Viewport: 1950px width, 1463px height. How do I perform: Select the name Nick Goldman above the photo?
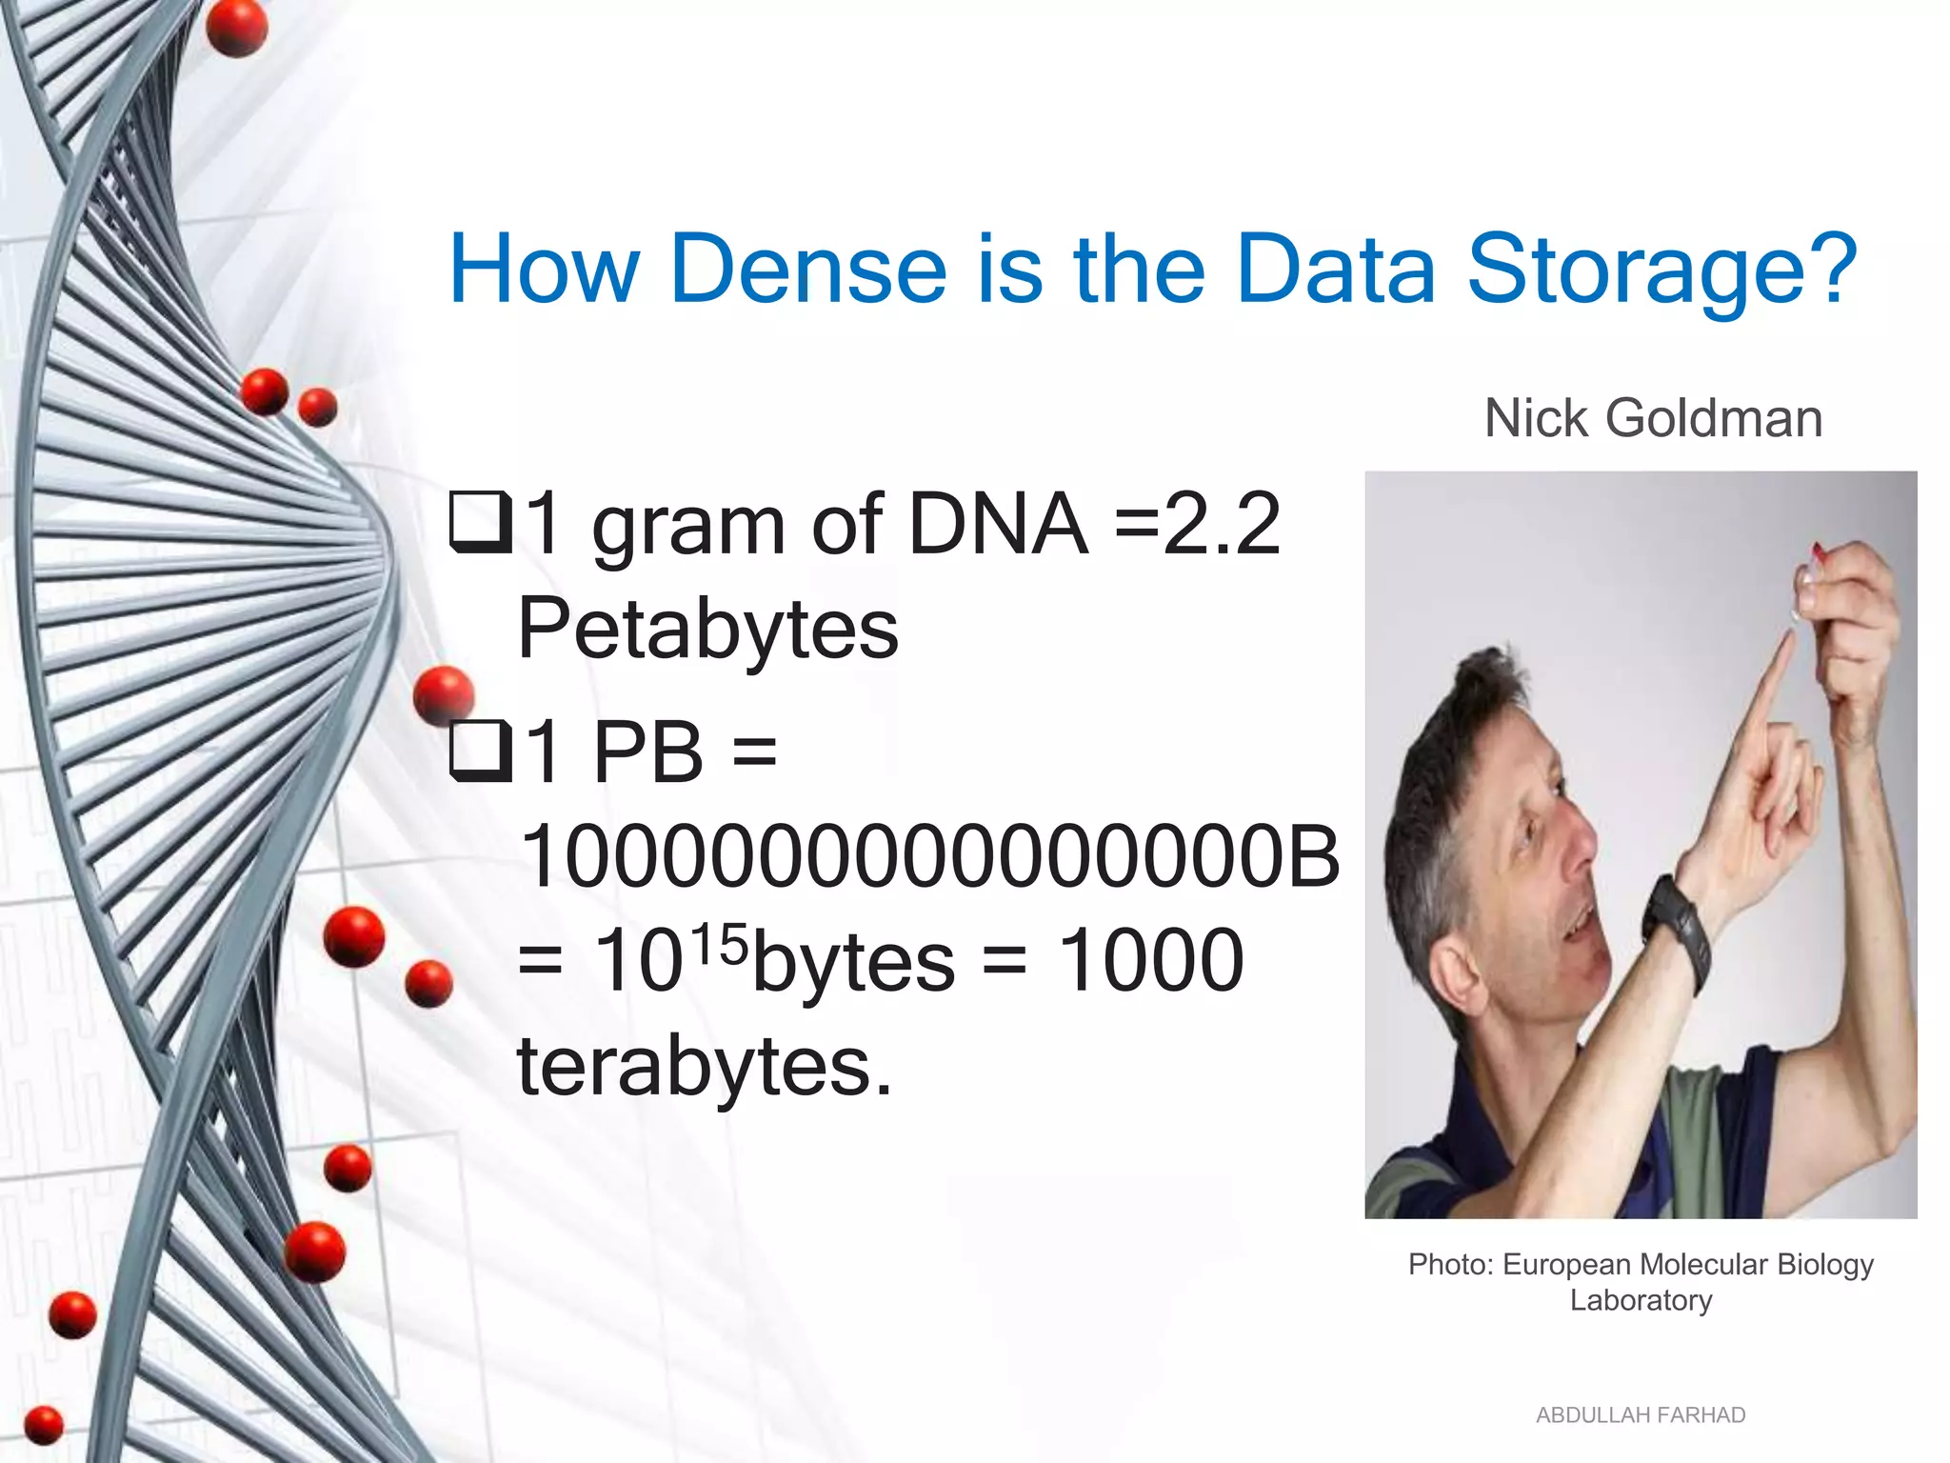click(x=1653, y=418)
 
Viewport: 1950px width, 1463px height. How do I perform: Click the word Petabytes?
click(x=707, y=629)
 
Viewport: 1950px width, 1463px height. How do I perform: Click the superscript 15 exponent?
click(x=720, y=945)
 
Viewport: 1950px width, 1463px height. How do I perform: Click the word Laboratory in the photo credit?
click(x=1641, y=1300)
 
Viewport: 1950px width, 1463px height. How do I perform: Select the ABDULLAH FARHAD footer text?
click(x=1641, y=1415)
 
